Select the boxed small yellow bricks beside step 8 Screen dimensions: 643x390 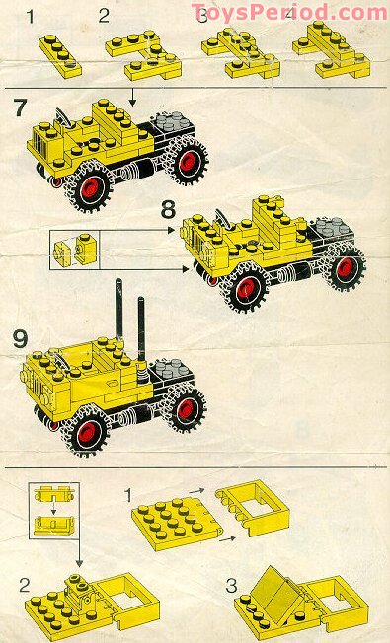click(77, 250)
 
